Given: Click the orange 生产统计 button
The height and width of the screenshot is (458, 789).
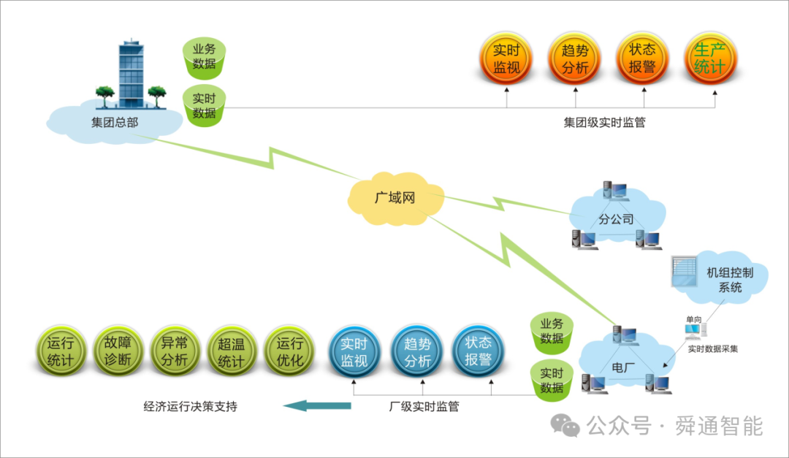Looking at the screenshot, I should click(x=711, y=59).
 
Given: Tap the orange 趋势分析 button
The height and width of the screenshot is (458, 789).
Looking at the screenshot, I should click(x=574, y=59).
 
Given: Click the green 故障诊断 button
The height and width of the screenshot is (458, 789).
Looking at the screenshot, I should click(x=118, y=351).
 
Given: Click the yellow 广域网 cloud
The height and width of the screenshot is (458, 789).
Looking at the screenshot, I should click(x=395, y=197).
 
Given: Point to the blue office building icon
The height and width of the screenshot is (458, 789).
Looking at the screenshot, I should click(x=131, y=73).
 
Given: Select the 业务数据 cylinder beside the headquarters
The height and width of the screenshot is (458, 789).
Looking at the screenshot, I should click(x=205, y=56).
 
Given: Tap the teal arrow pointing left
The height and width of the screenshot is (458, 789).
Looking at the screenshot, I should click(x=316, y=405).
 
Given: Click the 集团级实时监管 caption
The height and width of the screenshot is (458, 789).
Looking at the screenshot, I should click(x=604, y=123).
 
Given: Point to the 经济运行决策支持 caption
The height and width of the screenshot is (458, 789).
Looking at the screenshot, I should click(x=190, y=407).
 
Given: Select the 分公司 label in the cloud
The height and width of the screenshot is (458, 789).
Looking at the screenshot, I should click(x=615, y=218).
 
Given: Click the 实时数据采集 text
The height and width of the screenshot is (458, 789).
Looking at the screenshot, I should click(x=712, y=348).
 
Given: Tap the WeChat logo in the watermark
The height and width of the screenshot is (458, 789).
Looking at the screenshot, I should click(x=565, y=425).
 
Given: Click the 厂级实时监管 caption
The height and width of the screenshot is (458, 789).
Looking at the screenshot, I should click(x=424, y=407).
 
